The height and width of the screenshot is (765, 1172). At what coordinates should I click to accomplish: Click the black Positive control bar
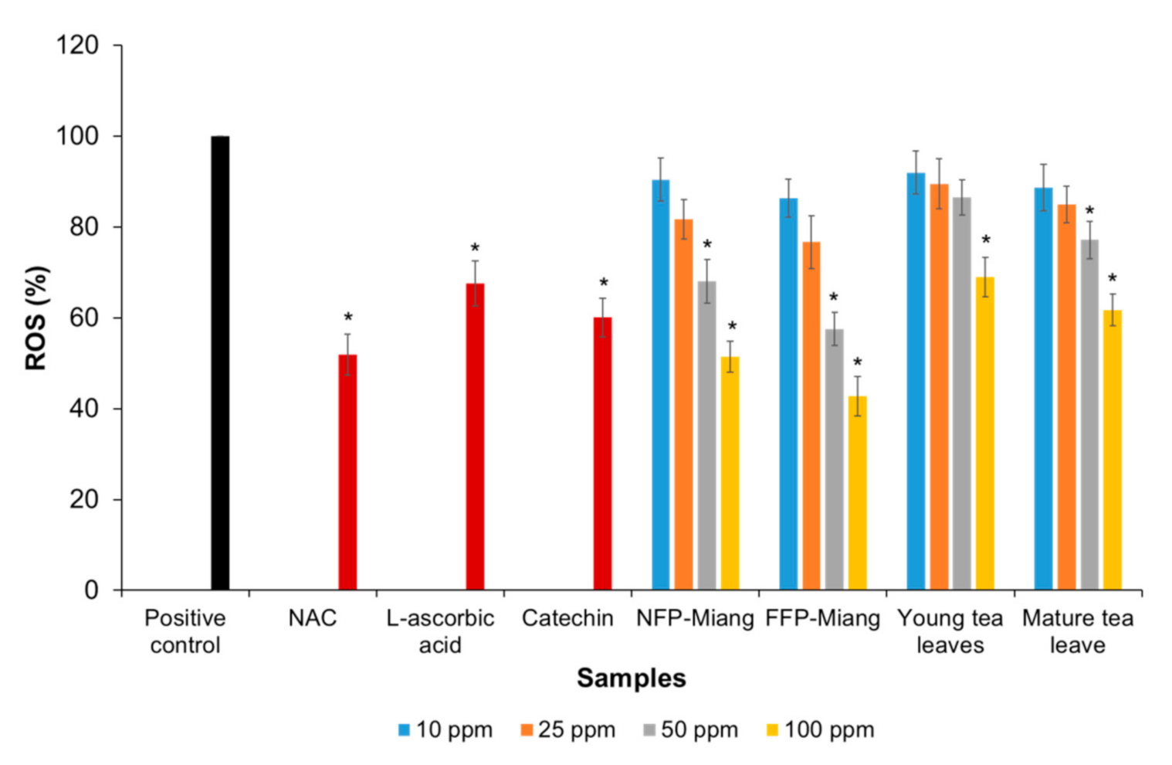[x=220, y=363]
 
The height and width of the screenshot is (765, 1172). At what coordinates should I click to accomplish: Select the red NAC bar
[x=347, y=471]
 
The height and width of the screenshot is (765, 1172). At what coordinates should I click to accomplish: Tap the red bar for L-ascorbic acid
[x=475, y=437]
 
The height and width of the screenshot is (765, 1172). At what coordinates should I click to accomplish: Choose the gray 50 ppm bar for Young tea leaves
[x=961, y=393]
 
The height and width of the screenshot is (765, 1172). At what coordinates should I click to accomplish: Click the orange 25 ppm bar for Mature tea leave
[x=1066, y=397]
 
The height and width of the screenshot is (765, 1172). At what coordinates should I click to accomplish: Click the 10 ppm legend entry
[x=445, y=729]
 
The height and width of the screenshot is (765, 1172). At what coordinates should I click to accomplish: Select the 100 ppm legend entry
[x=820, y=729]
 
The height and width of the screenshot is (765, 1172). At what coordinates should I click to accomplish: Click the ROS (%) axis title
[x=36, y=318]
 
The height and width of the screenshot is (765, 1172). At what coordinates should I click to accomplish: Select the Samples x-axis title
[x=631, y=678]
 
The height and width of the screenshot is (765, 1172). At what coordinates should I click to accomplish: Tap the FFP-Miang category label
[x=822, y=618]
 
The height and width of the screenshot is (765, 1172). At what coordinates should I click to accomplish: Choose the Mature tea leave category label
[x=1077, y=631]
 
